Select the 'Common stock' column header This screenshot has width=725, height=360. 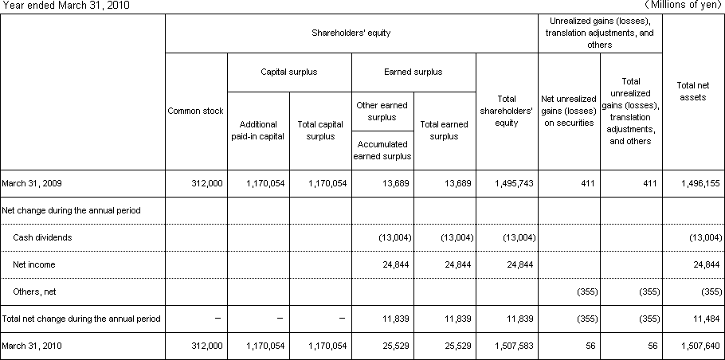[196, 111]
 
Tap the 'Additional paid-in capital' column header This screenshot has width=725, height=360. [258, 130]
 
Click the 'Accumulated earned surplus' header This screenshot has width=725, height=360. [382, 150]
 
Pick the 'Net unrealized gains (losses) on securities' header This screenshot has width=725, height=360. [569, 111]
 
